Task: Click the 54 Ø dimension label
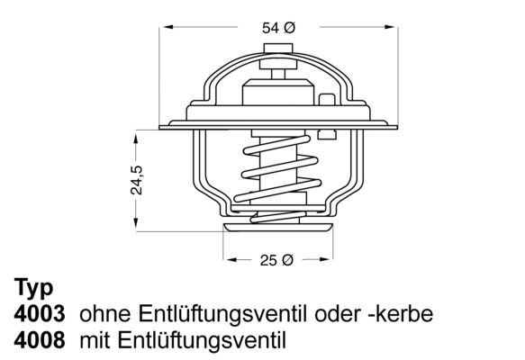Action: tap(278, 28)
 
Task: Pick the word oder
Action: tap(330, 315)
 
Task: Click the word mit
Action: tap(95, 340)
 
